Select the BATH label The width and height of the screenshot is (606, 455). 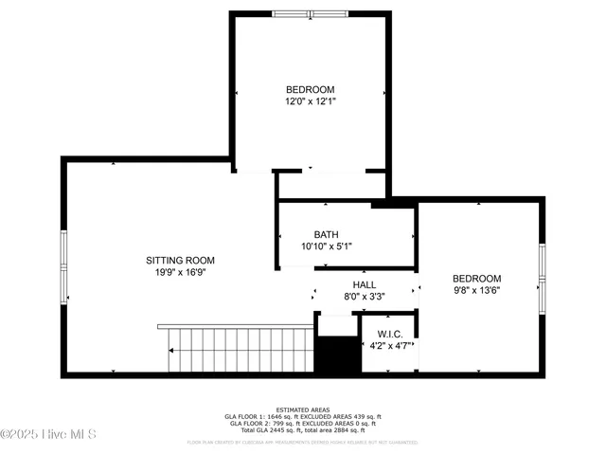pyautogui.click(x=327, y=234)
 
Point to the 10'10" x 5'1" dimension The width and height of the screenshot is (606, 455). pyautogui.click(x=327, y=246)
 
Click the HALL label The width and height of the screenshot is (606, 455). pyautogui.click(x=365, y=283)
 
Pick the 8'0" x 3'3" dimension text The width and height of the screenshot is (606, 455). pyautogui.click(x=365, y=296)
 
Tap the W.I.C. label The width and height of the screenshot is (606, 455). pyautogui.click(x=390, y=334)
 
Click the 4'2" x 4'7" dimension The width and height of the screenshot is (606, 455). pyautogui.click(x=390, y=346)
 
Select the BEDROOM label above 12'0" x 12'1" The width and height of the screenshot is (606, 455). pyautogui.click(x=310, y=89)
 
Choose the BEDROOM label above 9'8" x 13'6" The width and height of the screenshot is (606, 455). pyautogui.click(x=476, y=279)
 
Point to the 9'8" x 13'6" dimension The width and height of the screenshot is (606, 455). pyautogui.click(x=476, y=290)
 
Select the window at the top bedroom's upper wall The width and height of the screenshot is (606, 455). pyautogui.click(x=311, y=14)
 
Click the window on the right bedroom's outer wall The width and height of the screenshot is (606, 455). pyautogui.click(x=543, y=273)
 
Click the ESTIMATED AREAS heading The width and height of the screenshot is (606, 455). pyautogui.click(x=303, y=409)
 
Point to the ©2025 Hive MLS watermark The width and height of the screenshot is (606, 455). pyautogui.click(x=49, y=435)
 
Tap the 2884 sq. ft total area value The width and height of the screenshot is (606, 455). pyautogui.click(x=363, y=429)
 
